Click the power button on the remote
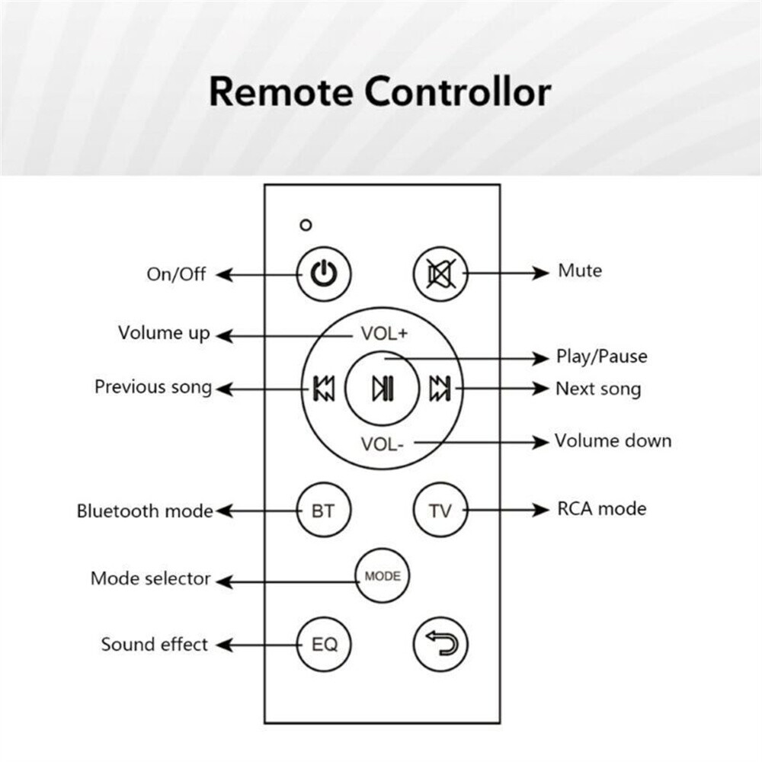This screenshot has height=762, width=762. point(324,274)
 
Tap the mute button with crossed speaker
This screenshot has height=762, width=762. point(440,274)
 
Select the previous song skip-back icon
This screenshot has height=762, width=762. point(324,389)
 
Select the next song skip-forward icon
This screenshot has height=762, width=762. point(440,389)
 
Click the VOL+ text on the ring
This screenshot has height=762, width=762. point(384,334)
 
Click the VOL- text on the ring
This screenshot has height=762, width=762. point(382,444)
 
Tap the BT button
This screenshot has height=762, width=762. point(324,511)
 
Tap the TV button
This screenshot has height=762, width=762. point(440,511)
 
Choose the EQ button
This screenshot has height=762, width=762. point(324,645)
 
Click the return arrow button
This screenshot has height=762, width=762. point(440,645)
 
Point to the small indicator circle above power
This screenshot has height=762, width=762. point(306,225)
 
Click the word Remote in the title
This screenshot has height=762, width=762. point(280,91)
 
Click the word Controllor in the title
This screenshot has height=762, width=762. point(458,91)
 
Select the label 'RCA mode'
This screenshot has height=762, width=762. point(602,509)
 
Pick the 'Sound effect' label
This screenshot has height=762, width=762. point(155,645)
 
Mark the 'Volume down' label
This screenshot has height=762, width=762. point(613,440)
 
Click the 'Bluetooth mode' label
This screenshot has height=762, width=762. point(145,511)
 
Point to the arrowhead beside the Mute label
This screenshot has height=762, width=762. point(541,273)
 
